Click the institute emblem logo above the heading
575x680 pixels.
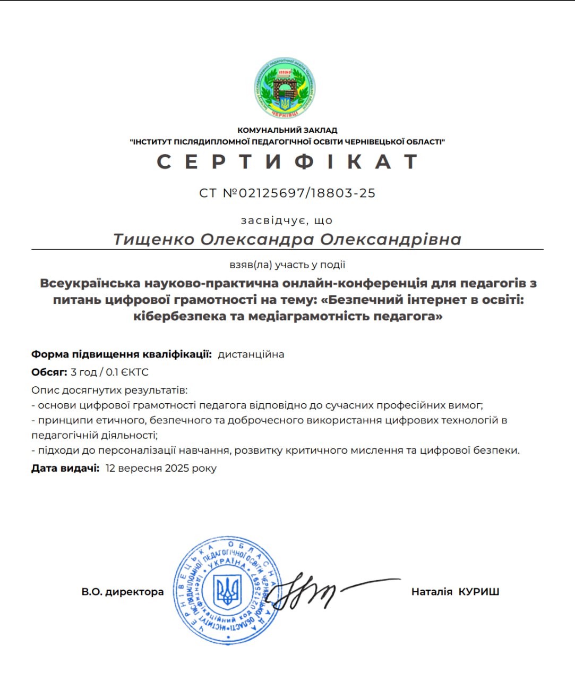(x=285, y=88)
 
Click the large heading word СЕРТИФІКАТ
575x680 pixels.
(x=287, y=161)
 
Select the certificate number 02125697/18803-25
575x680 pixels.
(x=307, y=193)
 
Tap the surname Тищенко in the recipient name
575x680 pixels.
(x=154, y=239)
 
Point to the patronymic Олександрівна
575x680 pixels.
(x=390, y=239)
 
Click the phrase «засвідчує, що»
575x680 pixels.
(x=287, y=220)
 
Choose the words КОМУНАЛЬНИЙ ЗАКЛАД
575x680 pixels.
(x=287, y=130)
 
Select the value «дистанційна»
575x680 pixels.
(x=251, y=354)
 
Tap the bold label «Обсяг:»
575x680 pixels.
(x=49, y=372)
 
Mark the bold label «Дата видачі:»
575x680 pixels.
(x=65, y=468)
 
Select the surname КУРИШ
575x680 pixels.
(x=479, y=591)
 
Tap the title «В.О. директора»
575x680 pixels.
(x=123, y=591)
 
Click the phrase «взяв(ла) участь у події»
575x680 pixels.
(x=287, y=264)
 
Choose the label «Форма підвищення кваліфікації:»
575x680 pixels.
(x=122, y=354)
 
